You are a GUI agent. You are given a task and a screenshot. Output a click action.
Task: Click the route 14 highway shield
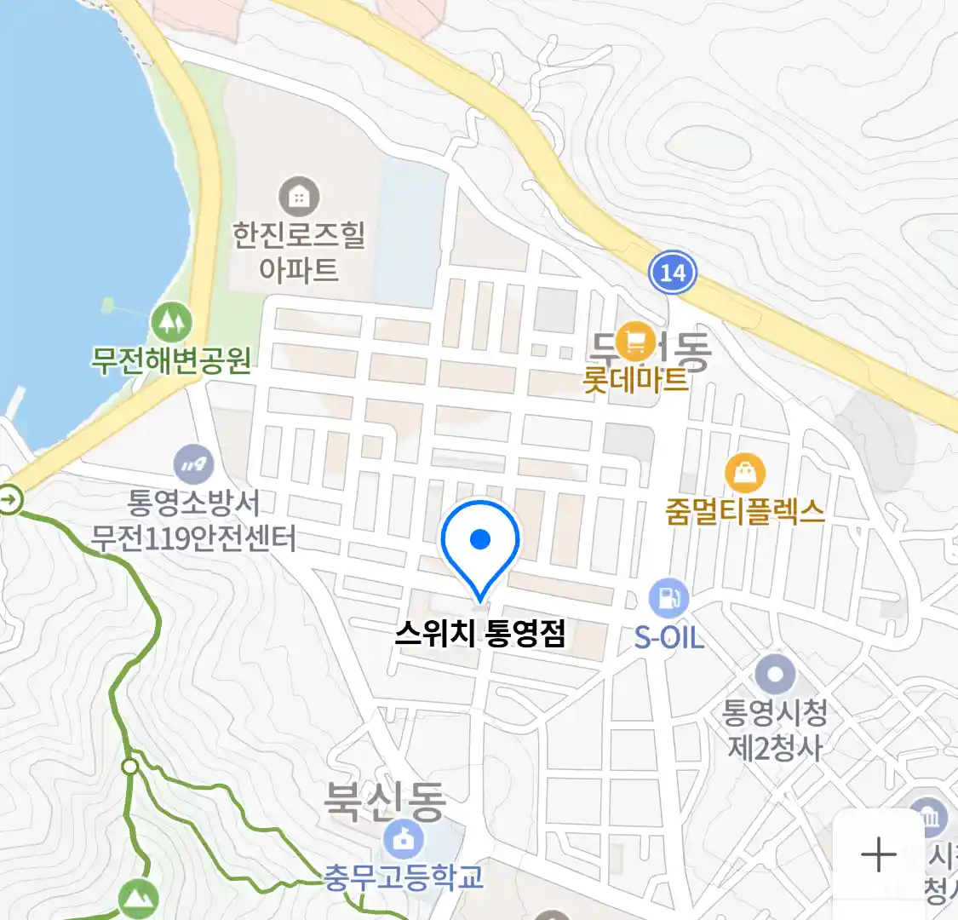672,273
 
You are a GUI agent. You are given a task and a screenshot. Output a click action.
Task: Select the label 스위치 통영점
480,634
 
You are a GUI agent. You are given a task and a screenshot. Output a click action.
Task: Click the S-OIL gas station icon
668,599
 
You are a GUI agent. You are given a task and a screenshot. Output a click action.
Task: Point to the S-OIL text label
668,637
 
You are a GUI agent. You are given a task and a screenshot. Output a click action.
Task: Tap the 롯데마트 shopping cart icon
635,342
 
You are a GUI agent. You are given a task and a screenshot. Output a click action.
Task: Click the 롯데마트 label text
635,379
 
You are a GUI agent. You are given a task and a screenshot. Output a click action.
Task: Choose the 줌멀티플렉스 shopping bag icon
745,473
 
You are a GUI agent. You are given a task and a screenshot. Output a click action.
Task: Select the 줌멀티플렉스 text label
745,511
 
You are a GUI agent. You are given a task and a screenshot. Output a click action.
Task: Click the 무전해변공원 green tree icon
171,322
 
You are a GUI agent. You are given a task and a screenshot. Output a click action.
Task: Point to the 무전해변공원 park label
171,360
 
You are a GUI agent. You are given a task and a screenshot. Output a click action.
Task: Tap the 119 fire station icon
193,465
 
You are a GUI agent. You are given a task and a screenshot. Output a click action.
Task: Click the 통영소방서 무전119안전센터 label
193,520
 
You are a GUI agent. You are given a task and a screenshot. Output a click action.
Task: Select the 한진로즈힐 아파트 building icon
298,198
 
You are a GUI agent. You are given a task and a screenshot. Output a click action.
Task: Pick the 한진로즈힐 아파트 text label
298,251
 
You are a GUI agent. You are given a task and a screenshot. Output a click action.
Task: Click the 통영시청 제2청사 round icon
775,676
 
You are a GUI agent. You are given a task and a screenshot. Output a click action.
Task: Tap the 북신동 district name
385,801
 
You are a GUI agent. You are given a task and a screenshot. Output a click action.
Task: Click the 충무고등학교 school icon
404,840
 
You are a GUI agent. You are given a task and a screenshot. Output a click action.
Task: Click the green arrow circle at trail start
10,499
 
